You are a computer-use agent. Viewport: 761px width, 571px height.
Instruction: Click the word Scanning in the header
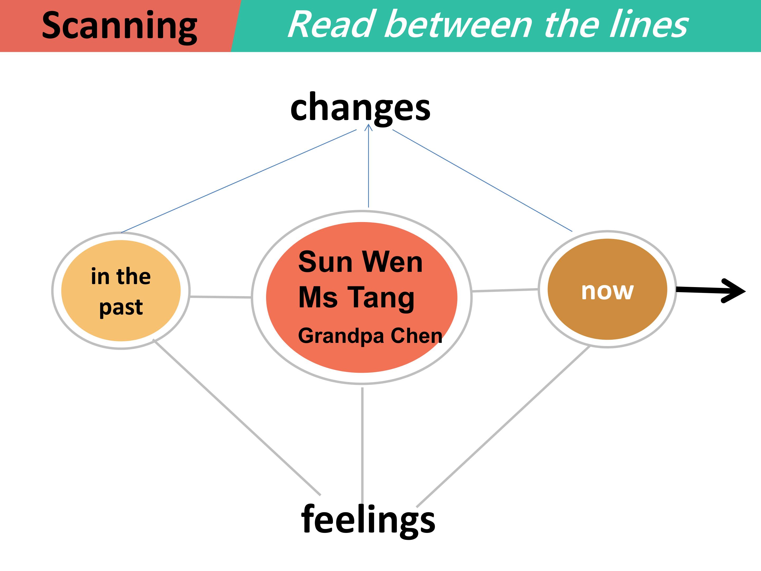point(119,27)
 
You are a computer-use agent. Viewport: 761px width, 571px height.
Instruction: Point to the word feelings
point(368,521)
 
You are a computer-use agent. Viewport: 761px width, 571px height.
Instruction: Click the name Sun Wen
point(360,262)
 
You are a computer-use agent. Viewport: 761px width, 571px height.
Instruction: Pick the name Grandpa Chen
point(370,336)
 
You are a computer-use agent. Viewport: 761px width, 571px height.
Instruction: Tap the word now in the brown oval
point(607,292)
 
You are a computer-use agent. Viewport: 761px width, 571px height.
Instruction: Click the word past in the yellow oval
point(121,307)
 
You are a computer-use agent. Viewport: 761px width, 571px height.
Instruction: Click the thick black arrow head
point(734,291)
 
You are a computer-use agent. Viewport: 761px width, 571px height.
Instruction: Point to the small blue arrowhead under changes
point(368,128)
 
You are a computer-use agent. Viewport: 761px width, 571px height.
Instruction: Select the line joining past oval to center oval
point(221,297)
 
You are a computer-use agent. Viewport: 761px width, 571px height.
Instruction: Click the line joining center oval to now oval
point(505,290)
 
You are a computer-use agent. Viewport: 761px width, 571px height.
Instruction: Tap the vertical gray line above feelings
point(362,446)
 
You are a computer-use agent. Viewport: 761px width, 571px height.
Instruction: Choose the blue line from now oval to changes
point(482,180)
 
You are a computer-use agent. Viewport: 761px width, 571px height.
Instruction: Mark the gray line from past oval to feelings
point(237,417)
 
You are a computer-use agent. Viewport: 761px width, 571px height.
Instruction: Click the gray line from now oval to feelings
point(503,426)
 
